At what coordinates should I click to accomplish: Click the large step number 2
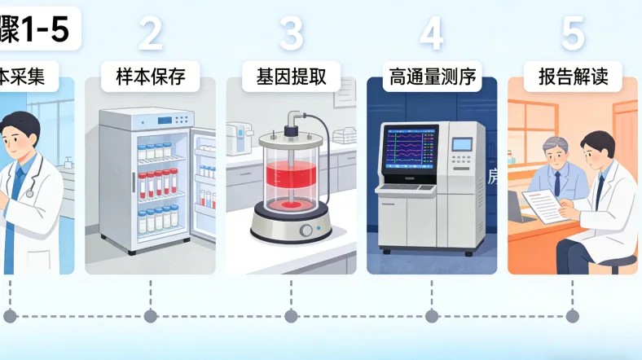[150, 33]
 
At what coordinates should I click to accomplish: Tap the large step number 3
[291, 33]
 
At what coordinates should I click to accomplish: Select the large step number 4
[432, 33]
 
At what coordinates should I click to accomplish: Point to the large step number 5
[573, 33]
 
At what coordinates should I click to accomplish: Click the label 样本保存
[150, 77]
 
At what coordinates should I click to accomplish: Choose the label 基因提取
[291, 77]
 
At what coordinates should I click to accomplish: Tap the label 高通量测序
[432, 77]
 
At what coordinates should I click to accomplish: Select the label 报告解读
[573, 77]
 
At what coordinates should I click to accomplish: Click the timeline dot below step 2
[150, 316]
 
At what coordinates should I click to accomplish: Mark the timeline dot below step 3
[291, 316]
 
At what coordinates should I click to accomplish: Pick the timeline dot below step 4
[432, 316]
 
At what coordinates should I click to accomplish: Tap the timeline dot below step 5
[573, 316]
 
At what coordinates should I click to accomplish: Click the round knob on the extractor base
[307, 230]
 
